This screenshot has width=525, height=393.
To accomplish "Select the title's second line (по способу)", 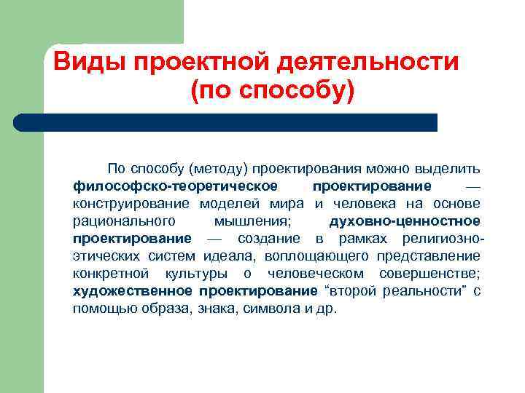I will click(271, 92).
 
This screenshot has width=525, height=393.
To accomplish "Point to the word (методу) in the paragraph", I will click(218, 169).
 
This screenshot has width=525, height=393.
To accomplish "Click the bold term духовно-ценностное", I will click(405, 221).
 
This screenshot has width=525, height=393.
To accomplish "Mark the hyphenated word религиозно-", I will click(439, 238).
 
